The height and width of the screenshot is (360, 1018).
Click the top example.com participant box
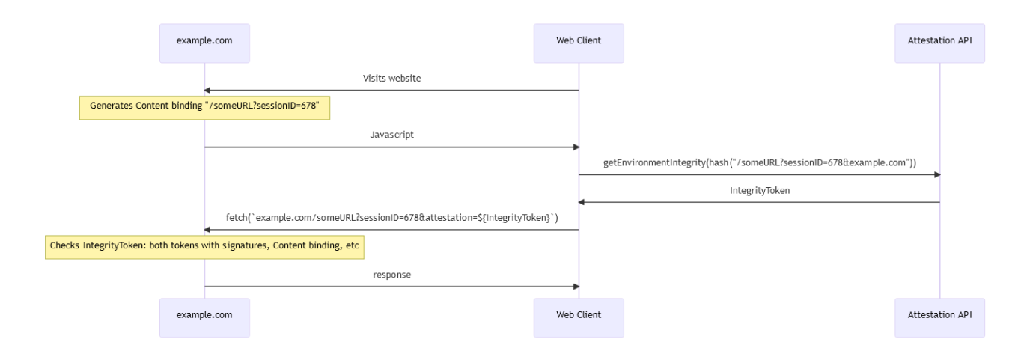click(204, 43)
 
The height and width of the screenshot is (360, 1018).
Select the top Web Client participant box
click(579, 43)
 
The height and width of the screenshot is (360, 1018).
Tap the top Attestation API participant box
click(939, 43)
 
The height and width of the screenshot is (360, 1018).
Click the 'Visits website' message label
click(391, 78)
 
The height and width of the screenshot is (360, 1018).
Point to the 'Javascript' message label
click(391, 135)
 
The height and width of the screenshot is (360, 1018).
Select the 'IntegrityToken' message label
click(759, 191)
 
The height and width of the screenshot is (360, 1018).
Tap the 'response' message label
click(391, 275)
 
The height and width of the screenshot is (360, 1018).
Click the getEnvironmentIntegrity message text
click(759, 162)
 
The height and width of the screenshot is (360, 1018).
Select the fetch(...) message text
click(391, 218)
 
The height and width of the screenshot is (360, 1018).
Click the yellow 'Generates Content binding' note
click(205, 107)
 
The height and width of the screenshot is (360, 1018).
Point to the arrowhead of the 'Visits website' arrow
click(209, 91)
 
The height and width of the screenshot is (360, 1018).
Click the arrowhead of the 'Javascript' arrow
click(574, 147)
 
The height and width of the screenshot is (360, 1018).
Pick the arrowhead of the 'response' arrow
click(574, 286)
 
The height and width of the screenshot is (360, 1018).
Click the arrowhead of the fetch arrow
click(209, 230)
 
